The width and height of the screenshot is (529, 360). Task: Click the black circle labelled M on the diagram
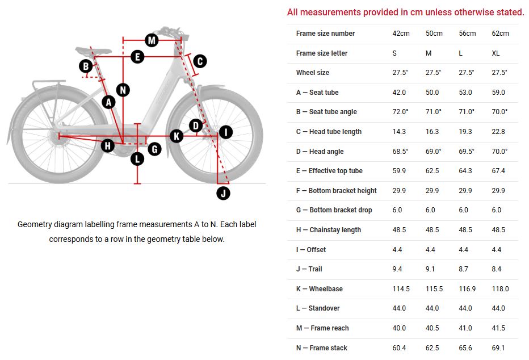point(151,40)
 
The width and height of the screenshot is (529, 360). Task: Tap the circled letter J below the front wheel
point(224,193)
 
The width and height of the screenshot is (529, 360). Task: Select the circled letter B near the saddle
point(86,66)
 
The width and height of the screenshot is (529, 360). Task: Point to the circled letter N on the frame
point(123,89)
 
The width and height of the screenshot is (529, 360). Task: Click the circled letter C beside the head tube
point(200,61)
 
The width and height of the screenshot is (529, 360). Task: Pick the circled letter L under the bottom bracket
point(137,159)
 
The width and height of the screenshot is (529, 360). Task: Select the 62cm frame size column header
point(500,34)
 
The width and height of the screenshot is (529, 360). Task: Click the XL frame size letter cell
point(496,53)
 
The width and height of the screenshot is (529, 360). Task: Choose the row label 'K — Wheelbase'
point(319,289)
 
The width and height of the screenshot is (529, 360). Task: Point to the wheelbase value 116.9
point(467,289)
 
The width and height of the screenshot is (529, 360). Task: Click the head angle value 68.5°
point(401,152)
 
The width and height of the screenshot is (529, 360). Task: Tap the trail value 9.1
point(432,269)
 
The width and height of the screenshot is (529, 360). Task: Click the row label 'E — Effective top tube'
point(329,171)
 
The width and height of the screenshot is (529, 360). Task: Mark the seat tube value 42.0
point(399,93)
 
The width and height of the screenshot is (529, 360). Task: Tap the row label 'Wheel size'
point(312,73)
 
